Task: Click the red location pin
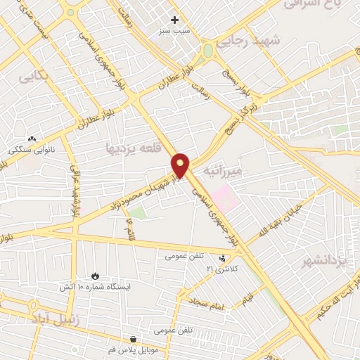[x=181, y=165]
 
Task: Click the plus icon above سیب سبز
[x=174, y=20]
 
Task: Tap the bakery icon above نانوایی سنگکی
[x=31, y=139]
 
